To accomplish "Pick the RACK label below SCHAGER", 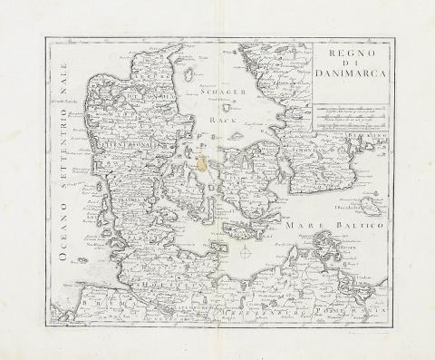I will click(x=218, y=119).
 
